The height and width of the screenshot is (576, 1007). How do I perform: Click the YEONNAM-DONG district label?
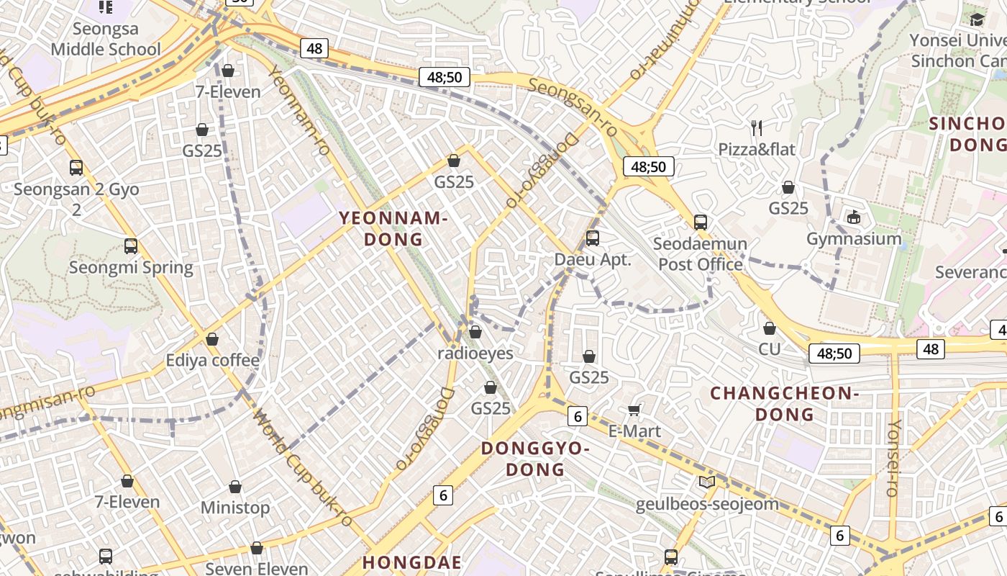393,228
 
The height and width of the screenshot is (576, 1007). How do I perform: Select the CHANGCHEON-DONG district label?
785,403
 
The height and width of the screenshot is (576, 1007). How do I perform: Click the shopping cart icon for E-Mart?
634,410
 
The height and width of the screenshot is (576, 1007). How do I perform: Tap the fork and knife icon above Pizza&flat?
756,128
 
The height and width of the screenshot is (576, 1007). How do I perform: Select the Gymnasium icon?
854,217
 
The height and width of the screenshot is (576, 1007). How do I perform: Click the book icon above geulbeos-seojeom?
707,482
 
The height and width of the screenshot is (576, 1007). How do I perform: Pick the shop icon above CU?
770,328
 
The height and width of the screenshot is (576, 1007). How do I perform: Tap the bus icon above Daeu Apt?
593,238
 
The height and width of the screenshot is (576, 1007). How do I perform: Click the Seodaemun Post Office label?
700,254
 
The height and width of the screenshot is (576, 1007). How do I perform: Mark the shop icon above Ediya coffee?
212,338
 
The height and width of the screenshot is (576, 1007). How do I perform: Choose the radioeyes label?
475,354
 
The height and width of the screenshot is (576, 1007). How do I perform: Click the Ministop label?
235,508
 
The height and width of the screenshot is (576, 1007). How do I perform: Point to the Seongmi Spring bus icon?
131,246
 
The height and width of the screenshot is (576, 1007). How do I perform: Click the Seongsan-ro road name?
573,107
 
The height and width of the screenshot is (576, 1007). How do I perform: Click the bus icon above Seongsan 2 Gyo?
76,168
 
